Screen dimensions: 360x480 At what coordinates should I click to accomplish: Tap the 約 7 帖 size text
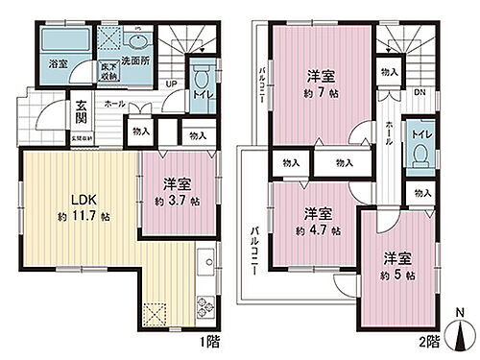[319, 96]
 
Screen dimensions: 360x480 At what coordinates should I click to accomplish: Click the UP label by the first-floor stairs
[171, 84]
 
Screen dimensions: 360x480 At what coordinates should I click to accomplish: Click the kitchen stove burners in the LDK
[205, 307]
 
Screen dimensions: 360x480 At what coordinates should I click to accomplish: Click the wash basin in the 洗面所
[133, 42]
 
